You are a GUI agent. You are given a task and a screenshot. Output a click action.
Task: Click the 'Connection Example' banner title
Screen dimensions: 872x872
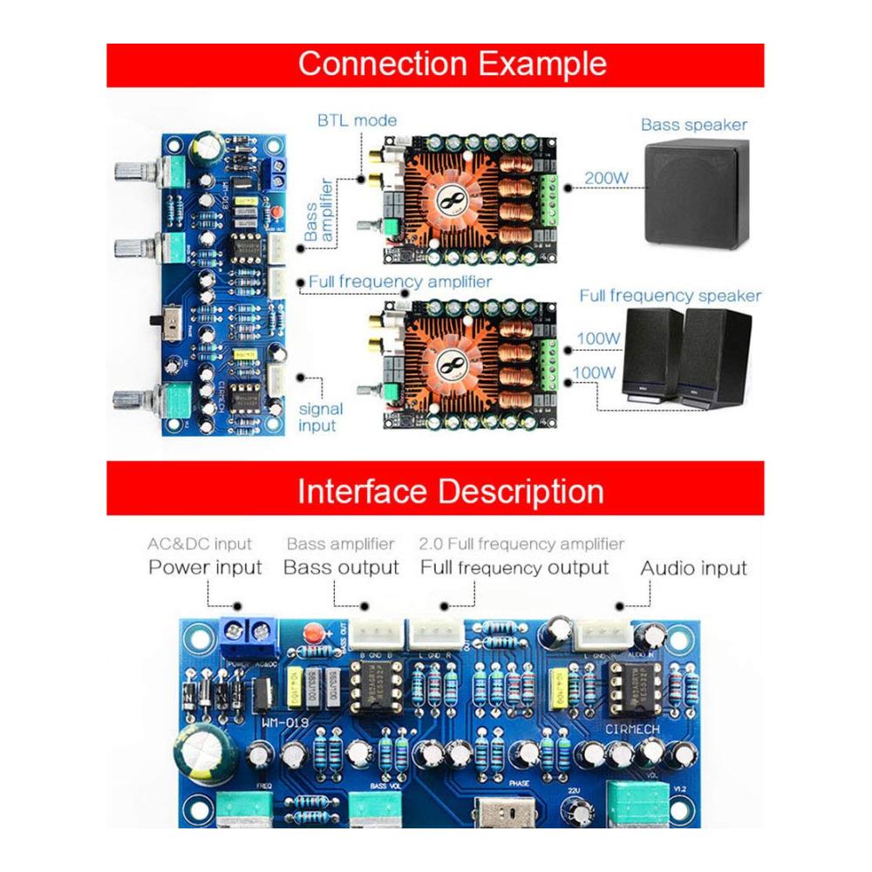click(x=452, y=65)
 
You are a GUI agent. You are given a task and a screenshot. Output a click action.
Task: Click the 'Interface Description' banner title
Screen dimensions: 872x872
click(x=450, y=491)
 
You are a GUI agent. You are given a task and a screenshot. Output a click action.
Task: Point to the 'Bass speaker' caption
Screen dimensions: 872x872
click(x=694, y=125)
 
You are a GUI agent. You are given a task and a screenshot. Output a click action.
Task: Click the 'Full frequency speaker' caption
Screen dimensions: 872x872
click(x=670, y=296)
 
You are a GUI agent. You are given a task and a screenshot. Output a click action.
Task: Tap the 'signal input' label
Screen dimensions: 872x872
click(x=321, y=417)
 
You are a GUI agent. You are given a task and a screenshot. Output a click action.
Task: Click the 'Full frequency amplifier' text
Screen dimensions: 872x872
click(x=400, y=282)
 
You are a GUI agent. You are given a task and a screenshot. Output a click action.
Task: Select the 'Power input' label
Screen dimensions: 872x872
click(x=205, y=568)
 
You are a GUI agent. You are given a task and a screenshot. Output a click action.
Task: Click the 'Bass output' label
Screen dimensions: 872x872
click(x=341, y=568)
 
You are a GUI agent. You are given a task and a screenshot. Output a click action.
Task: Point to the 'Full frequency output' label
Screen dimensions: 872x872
click(x=514, y=568)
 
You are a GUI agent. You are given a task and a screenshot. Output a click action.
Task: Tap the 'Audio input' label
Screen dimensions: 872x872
click(x=694, y=568)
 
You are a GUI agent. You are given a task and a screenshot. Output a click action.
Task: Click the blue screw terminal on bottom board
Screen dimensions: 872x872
click(x=249, y=635)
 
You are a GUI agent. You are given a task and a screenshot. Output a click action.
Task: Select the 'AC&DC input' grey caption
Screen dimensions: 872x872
click(x=200, y=544)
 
